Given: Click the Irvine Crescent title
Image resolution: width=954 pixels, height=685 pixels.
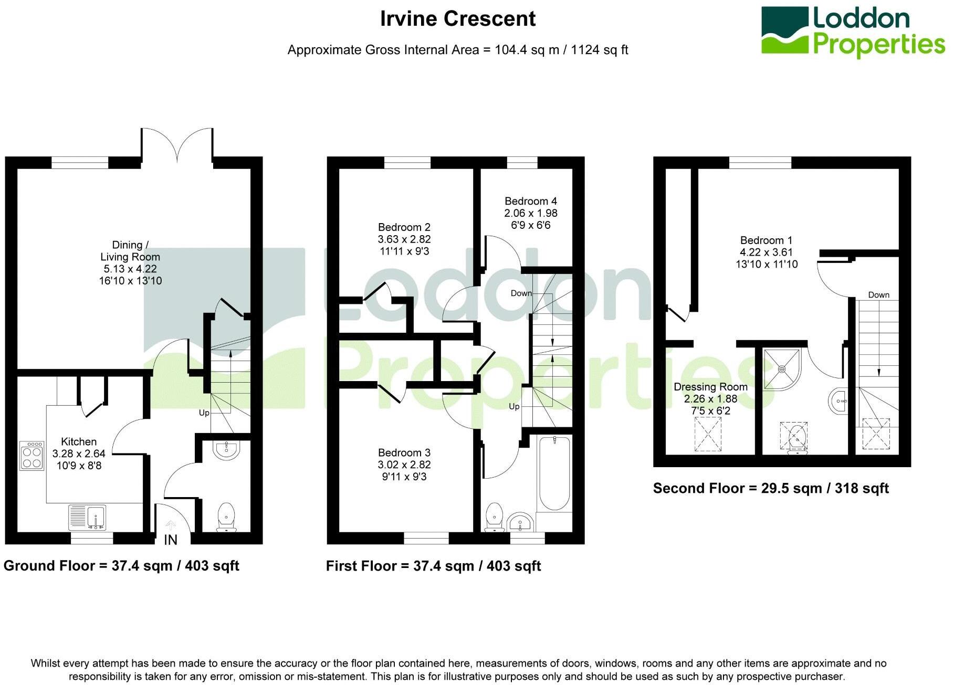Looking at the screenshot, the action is coord(458,19).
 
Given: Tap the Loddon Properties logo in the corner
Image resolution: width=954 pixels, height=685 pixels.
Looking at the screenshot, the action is coord(853,31).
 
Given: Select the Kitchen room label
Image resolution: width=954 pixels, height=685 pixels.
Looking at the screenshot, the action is coord(79,441).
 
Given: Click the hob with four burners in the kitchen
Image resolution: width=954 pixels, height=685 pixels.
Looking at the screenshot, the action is coord(32,456).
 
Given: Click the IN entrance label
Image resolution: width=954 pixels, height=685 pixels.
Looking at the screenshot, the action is coord(171,540).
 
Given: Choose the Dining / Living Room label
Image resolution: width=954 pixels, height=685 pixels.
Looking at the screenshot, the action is coord(130,251).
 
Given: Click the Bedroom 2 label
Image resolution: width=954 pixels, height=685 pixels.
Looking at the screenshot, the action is coord(404,227).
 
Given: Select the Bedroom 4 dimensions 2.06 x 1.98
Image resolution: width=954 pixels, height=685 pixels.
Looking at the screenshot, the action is coord(531,213).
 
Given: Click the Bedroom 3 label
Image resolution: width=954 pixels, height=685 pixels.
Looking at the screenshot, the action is coord(404,452).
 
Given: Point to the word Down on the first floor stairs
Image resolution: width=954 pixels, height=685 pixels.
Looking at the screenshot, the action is coord(521,293).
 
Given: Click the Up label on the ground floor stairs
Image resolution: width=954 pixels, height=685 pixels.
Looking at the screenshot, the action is coord(204,413).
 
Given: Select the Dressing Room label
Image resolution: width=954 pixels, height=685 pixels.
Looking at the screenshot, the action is coord(711,387).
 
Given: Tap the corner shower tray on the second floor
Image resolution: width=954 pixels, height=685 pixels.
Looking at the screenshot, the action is coord(782,370).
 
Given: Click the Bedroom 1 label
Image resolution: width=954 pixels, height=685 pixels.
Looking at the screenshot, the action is coord(767,240).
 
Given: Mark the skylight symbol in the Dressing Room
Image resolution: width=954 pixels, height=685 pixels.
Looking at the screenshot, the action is coord(708,434).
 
